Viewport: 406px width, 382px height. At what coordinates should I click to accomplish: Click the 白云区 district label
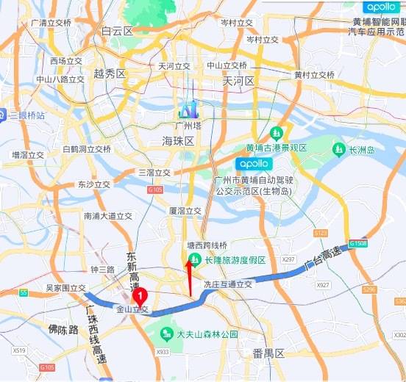pyautogui.click(x=117, y=32)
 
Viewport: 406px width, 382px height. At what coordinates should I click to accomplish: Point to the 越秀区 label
pyautogui.click(x=110, y=74)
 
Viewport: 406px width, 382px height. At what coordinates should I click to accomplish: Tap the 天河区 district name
pyautogui.click(x=238, y=80)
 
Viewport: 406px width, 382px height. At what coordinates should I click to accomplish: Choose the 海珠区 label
pyautogui.click(x=177, y=140)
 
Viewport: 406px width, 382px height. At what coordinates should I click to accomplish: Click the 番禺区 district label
pyautogui.click(x=268, y=353)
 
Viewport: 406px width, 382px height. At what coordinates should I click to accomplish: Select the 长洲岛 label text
pyautogui.click(x=362, y=150)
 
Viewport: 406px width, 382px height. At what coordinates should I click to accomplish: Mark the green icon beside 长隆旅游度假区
pyautogui.click(x=195, y=259)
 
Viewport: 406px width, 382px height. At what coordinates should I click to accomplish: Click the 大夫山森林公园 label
pyautogui.click(x=208, y=334)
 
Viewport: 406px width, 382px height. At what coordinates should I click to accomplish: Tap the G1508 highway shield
pyautogui.click(x=357, y=242)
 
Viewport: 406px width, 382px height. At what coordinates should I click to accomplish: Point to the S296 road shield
pyautogui.click(x=369, y=289)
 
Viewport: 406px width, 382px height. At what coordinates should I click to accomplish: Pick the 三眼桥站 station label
pyautogui.click(x=27, y=115)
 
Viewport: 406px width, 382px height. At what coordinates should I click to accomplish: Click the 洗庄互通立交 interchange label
pyautogui.click(x=228, y=284)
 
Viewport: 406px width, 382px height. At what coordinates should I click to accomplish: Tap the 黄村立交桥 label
pyautogui.click(x=314, y=75)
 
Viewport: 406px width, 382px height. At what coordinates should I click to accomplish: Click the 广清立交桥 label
pyautogui.click(x=51, y=24)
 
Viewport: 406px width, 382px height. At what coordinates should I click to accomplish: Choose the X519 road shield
pyautogui.click(x=18, y=351)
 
